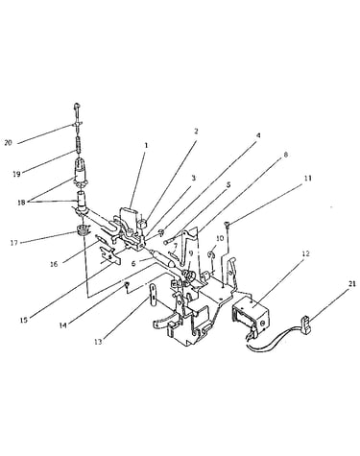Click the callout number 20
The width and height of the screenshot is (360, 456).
[x=8, y=143]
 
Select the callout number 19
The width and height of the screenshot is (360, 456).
[x=16, y=174]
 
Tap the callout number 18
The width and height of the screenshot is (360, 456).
[x=21, y=203]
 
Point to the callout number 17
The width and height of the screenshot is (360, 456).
[x=13, y=243]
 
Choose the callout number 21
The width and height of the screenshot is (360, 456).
[x=351, y=283]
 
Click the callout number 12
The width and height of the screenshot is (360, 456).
[x=306, y=253]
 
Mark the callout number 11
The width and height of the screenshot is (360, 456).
[x=307, y=179]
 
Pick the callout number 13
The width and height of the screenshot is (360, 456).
[x=98, y=342]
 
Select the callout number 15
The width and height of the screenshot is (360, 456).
[x=24, y=320]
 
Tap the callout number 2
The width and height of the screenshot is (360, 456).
[x=196, y=131]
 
